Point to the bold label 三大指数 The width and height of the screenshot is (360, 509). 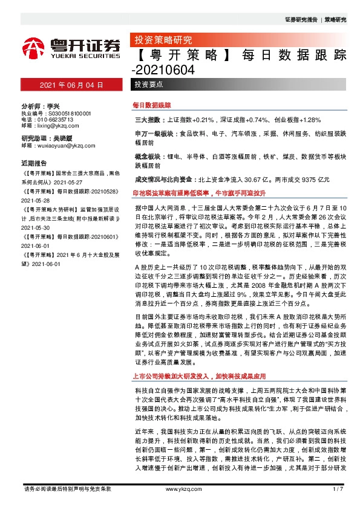tap(144, 120)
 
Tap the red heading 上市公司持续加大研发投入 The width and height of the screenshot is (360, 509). tap(199, 375)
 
